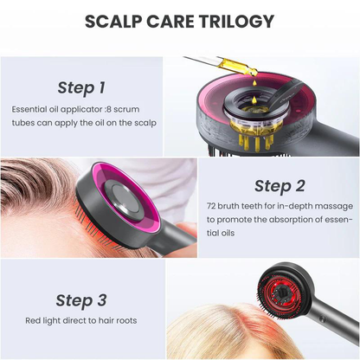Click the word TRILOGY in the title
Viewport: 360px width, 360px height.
[x=236, y=21]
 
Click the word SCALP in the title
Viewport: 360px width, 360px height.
[x=115, y=21]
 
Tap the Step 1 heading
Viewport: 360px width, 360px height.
[x=81, y=87]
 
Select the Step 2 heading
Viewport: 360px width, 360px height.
[x=279, y=185]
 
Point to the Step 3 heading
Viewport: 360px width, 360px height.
[x=81, y=300]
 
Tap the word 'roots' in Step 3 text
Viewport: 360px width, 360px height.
[x=124, y=321]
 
